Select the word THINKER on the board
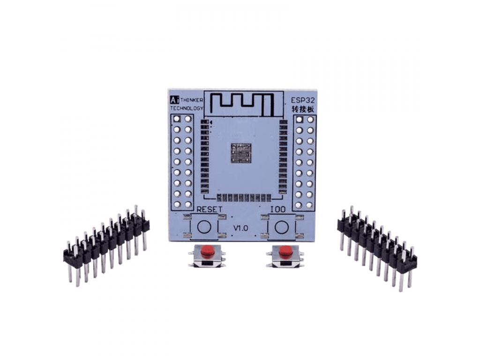click(x=192, y=100)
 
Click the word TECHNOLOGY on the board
click(x=187, y=108)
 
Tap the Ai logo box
click(x=174, y=100)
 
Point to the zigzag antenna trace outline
click(x=242, y=104)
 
